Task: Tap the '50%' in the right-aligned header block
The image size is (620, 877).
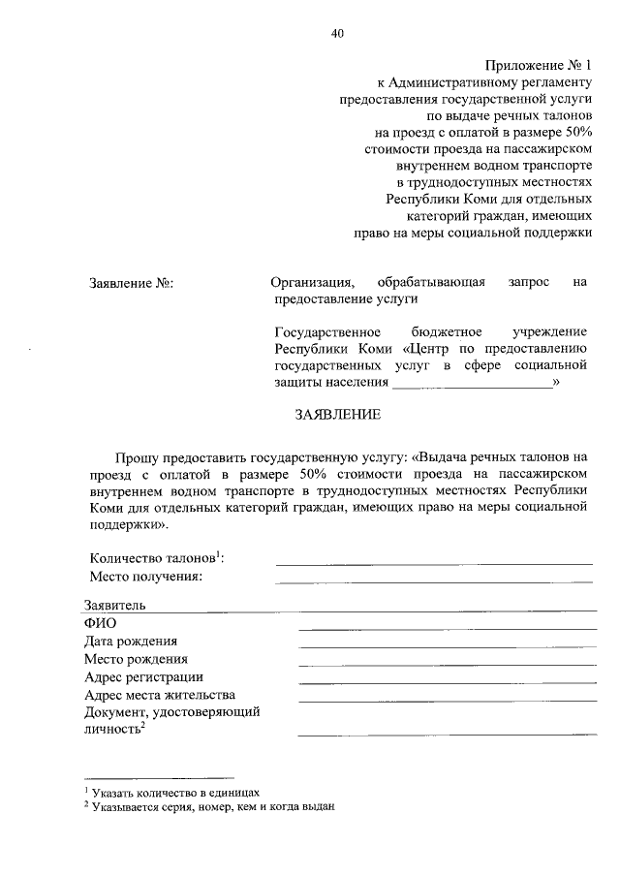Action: click(572, 133)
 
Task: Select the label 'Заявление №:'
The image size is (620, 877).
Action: click(131, 284)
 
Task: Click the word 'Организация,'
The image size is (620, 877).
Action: click(313, 283)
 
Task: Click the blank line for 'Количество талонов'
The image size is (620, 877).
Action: click(433, 561)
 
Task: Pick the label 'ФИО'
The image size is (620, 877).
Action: click(100, 623)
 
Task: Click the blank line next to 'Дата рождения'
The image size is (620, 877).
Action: click(447, 646)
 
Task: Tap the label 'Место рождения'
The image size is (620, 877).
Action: click(136, 659)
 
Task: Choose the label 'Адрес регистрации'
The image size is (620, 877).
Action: click(143, 676)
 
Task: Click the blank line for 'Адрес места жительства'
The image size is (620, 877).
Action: click(447, 700)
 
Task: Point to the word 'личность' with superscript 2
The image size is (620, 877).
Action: click(111, 730)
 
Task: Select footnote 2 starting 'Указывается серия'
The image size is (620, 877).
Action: click(212, 805)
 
